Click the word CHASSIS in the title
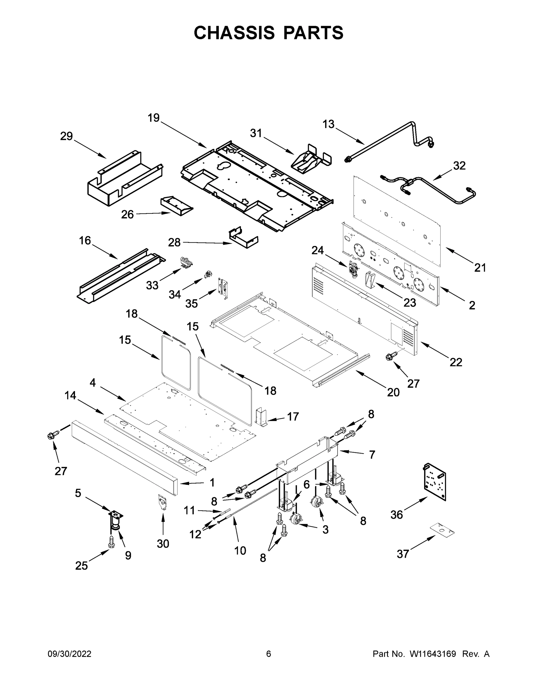[x=234, y=33]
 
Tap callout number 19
[x=153, y=118]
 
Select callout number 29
[x=67, y=136]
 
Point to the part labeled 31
[x=311, y=158]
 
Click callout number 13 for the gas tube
[x=328, y=124]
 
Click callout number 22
[x=456, y=362]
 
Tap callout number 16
[x=85, y=241]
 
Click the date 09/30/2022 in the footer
[x=69, y=654]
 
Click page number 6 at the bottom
[x=269, y=654]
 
